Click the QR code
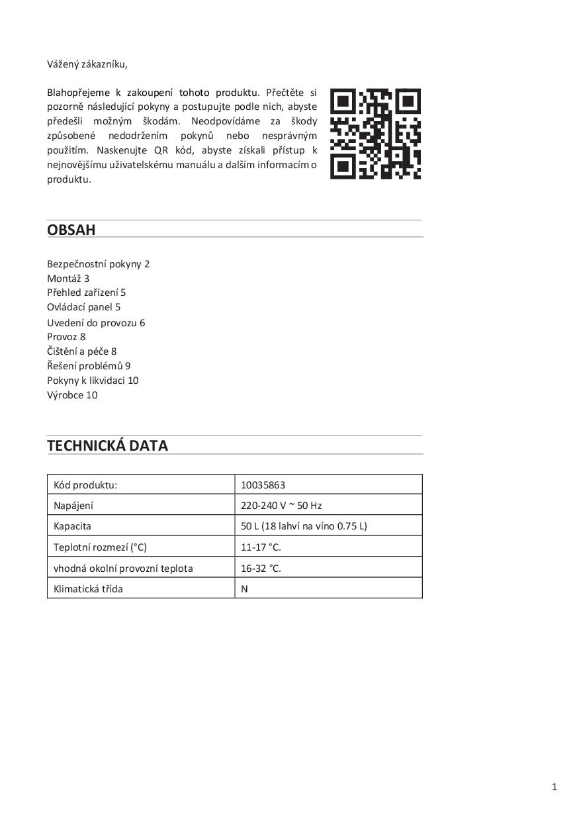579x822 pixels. [x=375, y=134]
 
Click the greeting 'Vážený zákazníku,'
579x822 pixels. [x=87, y=64]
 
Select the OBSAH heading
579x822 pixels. [x=71, y=230]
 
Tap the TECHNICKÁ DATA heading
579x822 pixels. [x=107, y=445]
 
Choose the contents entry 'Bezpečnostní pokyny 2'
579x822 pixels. [x=98, y=264]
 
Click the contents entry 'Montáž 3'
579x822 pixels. [x=68, y=279]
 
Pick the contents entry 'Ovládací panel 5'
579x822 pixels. [x=83, y=307]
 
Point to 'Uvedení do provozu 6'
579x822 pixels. [x=96, y=323]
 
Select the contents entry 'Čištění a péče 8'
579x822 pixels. [x=81, y=351]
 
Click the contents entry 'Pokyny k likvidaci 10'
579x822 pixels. [x=93, y=381]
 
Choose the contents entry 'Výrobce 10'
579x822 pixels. [x=72, y=395]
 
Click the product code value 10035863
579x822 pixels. [x=263, y=485]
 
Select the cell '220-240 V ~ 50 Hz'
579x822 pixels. [x=281, y=506]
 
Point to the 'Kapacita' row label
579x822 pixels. [x=72, y=526]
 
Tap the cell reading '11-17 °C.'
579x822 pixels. [x=261, y=547]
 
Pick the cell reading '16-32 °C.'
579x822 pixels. [x=261, y=568]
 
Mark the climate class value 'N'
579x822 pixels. [x=244, y=588]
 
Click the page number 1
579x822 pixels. [x=555, y=787]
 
